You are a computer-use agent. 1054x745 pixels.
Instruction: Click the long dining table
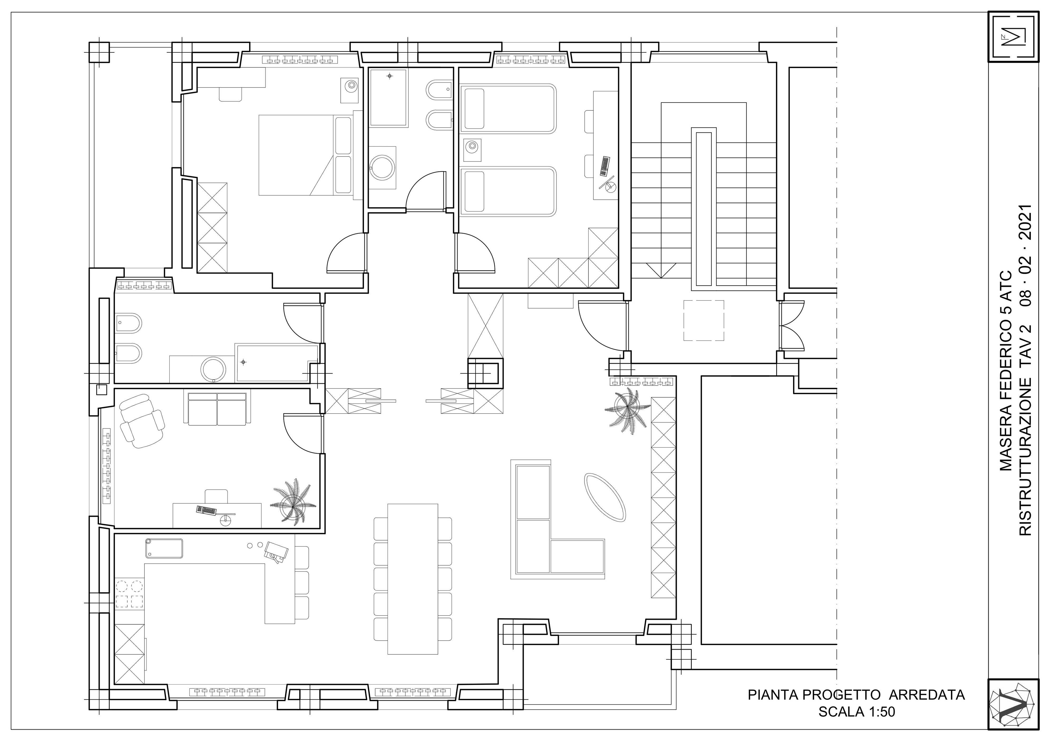pos(413,578)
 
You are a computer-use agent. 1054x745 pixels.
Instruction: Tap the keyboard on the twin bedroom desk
pos(605,166)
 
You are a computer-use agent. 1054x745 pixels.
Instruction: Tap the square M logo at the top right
pos(1013,36)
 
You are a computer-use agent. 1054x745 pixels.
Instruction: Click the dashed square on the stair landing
pos(704,320)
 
